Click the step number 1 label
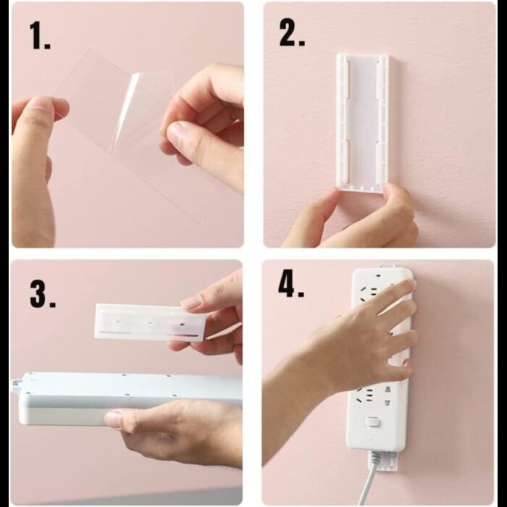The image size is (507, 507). click(x=40, y=36)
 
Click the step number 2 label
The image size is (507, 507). click(x=292, y=32)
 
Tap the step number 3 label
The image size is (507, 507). click(x=42, y=293)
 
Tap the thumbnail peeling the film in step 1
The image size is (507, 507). click(x=177, y=132)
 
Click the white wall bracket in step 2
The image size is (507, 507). click(x=362, y=123)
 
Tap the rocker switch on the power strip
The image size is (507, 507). click(x=372, y=422)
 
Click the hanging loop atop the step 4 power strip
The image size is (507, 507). click(x=388, y=266)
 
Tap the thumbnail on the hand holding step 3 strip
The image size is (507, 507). click(x=114, y=419)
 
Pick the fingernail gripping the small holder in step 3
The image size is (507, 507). click(x=191, y=303)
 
